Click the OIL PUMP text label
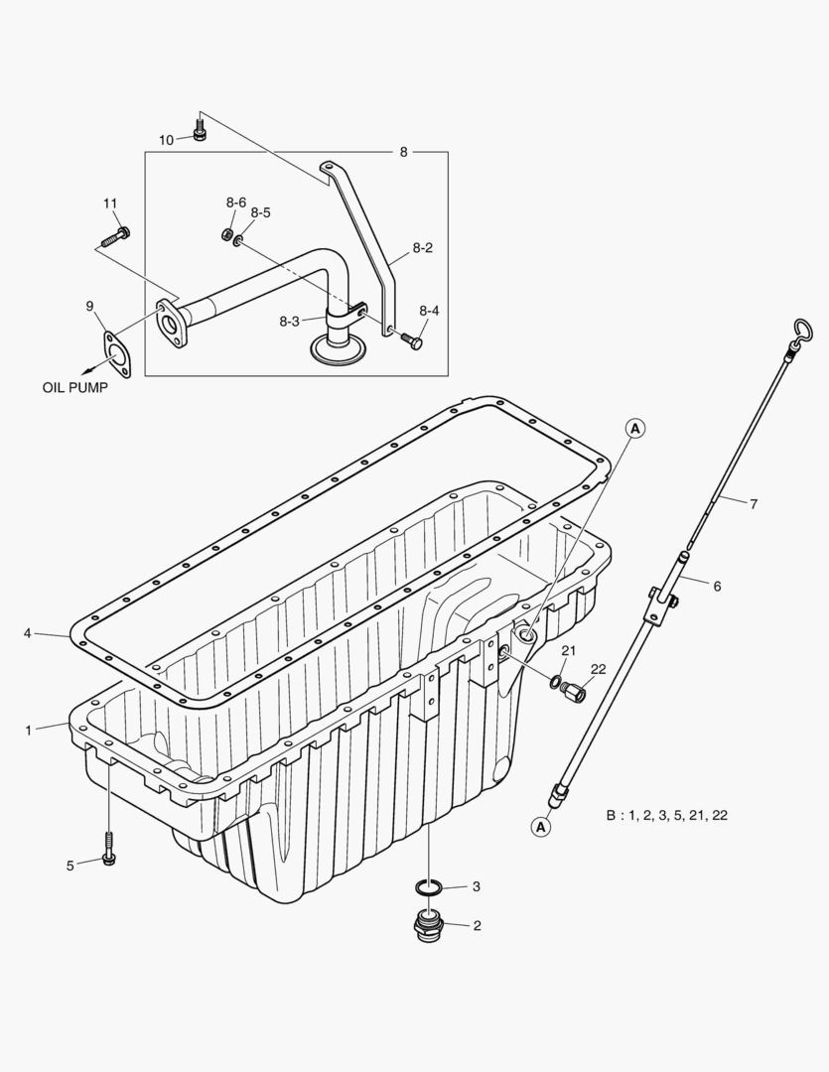coord(74,388)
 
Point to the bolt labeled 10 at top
coord(200,130)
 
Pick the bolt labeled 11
coord(115,238)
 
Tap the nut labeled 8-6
coord(226,234)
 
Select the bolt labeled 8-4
coord(411,342)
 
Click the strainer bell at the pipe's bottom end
coord(338,347)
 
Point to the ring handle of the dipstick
coord(803,331)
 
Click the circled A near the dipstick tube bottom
coord(540,826)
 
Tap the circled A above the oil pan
coord(635,428)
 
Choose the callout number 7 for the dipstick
coord(754,504)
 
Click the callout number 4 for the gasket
coord(28,632)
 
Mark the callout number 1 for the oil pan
coord(30,730)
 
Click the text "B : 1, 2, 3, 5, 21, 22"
coord(666,815)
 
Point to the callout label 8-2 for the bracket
coord(422,248)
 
